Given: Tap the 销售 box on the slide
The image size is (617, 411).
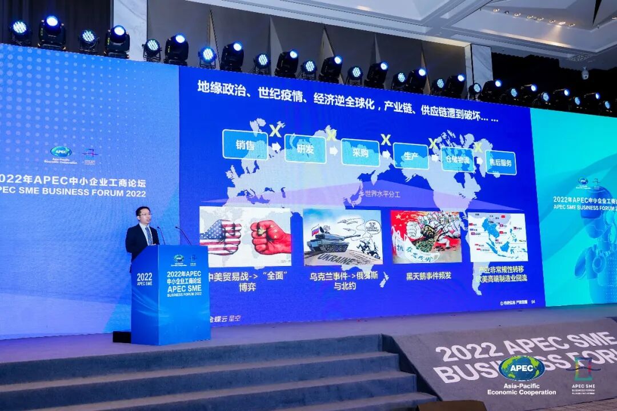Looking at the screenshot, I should pos(245,144).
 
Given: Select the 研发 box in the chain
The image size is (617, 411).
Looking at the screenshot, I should pos(305,149).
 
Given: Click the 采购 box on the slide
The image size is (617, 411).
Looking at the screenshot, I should pos(360,152).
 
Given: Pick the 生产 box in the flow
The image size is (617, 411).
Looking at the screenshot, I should pos(411,156).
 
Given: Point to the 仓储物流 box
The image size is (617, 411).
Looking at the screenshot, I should pos(458,159).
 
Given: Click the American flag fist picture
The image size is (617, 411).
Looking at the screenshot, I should pos(221,236).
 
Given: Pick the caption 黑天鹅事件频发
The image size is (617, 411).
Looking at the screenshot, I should pos(428,275).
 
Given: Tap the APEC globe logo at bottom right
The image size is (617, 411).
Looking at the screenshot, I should pos(521,368).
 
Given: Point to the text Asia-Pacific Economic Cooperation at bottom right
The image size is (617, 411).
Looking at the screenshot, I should pos(521,389).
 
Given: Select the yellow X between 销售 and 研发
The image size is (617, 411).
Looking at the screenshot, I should pos(275,131).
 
